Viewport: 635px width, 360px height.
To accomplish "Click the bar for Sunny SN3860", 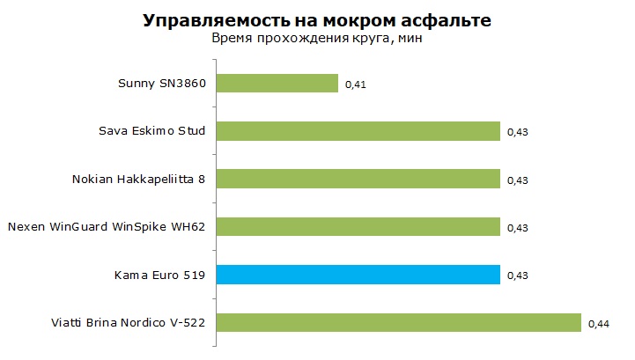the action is pos(277,83).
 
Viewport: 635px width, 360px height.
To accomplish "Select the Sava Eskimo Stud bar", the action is pos(358,131).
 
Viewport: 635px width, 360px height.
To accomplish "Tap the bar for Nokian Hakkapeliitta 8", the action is pos(358,179).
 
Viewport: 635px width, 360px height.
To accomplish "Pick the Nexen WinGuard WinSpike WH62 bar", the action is pos(358,226).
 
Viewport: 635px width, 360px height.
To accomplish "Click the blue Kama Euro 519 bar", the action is pos(358,275).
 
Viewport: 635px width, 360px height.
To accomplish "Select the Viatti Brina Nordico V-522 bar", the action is pos(398,322).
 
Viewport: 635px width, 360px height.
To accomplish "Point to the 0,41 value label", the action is pos(356,84).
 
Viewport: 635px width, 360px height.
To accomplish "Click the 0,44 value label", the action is pos(599,324).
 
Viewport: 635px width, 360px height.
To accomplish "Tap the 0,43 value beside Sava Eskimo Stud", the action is pos(518,132).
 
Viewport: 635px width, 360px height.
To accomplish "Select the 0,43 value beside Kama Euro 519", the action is pos(518,276).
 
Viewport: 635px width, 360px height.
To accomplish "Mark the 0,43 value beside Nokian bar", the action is pos(518,180).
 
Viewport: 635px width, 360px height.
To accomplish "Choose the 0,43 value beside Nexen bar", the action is pos(518,228).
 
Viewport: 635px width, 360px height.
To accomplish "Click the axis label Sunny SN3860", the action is pos(162,84).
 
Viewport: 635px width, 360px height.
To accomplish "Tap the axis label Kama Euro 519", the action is pos(159,276).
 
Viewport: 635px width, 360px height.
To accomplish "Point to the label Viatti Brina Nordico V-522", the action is pos(128,323).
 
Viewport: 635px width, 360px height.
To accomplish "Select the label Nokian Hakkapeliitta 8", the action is pos(138,179).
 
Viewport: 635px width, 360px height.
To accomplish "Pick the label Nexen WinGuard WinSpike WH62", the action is pos(107,226).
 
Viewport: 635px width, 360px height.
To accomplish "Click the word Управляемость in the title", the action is pos(212,20).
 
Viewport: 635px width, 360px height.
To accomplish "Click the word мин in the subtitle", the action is pos(410,39).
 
